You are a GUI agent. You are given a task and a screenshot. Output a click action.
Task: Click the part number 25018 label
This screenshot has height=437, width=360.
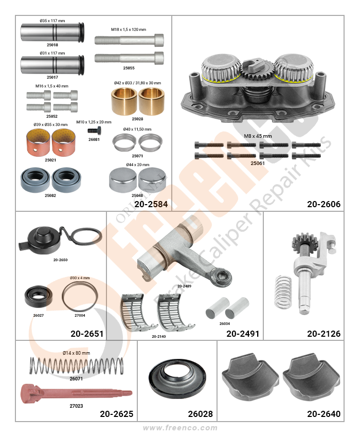coord(52,45)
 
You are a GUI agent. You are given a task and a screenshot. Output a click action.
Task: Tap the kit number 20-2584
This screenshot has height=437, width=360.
coord(151,204)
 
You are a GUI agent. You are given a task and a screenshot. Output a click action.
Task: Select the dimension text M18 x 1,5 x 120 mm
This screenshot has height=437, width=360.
coord(129,29)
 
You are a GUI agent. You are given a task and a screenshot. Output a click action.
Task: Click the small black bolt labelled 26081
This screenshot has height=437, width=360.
coord(95,131)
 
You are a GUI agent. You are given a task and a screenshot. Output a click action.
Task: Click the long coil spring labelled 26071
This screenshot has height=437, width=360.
coord(76,366)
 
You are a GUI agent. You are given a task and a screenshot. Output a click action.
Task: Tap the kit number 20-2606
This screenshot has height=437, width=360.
coord(324,204)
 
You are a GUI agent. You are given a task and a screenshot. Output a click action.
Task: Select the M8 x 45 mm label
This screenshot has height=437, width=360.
coord(258,136)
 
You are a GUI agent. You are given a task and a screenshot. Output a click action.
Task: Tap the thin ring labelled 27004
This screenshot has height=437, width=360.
coord(80,296)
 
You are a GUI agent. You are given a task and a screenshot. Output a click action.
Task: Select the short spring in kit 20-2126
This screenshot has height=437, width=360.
coord(282,292)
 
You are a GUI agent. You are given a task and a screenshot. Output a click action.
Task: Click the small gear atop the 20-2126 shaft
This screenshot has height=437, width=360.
coord(301,243)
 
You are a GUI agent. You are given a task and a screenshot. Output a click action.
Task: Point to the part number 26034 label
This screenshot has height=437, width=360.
coord(224,323)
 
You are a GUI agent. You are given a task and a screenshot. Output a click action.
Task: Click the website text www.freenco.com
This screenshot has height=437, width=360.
coord(180,428)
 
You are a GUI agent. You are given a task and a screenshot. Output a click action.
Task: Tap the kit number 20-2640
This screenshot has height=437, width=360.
coord(324,414)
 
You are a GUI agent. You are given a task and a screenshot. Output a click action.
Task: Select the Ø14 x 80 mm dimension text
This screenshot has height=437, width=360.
coord(76,353)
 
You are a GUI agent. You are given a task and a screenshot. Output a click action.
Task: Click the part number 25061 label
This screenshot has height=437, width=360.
coord(257,163)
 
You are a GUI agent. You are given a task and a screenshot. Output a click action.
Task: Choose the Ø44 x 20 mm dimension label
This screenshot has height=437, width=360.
coord(137,165)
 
